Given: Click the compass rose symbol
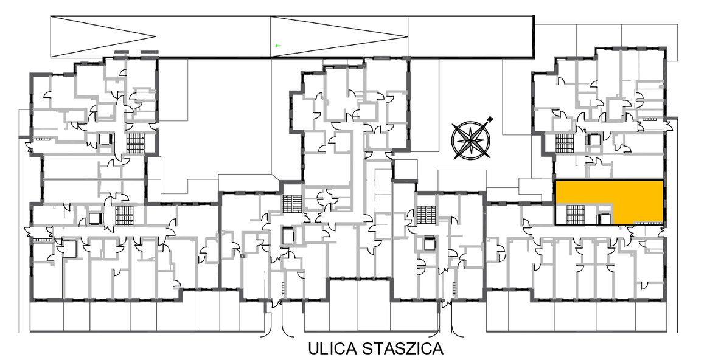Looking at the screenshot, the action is pyautogui.click(x=470, y=140).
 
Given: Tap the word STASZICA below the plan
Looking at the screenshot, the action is pyautogui.click(x=403, y=349).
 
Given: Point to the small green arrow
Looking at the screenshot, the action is pyautogui.click(x=277, y=46).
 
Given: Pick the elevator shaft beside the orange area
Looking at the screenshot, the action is pyautogui.click(x=604, y=219).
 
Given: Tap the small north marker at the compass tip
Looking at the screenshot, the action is pyautogui.click(x=490, y=119).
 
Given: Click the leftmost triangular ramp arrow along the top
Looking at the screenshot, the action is pyautogui.click(x=103, y=36).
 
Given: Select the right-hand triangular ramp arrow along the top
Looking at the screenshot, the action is pyautogui.click(x=339, y=36).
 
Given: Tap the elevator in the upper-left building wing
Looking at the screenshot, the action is pyautogui.click(x=106, y=139).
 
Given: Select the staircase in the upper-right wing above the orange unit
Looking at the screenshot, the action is pyautogui.click(x=564, y=143).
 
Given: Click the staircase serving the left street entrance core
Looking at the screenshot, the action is pyautogui.click(x=291, y=204).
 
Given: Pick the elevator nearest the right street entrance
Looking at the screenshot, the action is pyautogui.click(x=428, y=243).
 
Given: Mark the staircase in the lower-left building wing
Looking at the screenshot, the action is pyautogui.click(x=123, y=215).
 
